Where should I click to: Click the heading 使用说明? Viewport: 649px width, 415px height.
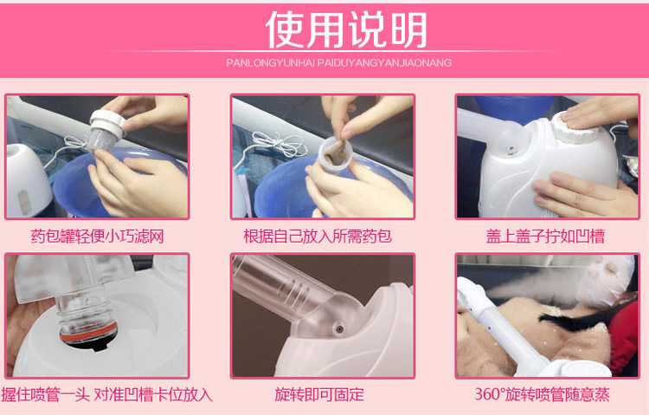(x=346, y=29)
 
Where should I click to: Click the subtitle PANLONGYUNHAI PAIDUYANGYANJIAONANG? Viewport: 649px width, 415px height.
(x=338, y=63)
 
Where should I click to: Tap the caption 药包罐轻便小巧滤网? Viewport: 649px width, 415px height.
(x=97, y=237)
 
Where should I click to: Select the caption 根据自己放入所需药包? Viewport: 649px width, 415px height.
(x=318, y=237)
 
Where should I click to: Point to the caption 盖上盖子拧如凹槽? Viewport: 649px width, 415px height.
(x=545, y=237)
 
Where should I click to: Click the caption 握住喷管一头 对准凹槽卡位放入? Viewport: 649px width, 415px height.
(x=106, y=394)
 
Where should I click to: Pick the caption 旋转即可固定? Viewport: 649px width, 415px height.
(x=319, y=394)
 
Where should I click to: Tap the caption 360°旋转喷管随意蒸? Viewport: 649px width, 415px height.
(x=542, y=394)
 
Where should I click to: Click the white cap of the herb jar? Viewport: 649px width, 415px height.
(x=107, y=123)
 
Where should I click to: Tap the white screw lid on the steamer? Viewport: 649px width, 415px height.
(x=575, y=126)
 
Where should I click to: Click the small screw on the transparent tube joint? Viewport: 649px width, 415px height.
(x=339, y=329)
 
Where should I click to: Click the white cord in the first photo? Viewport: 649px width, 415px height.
(x=70, y=149)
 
